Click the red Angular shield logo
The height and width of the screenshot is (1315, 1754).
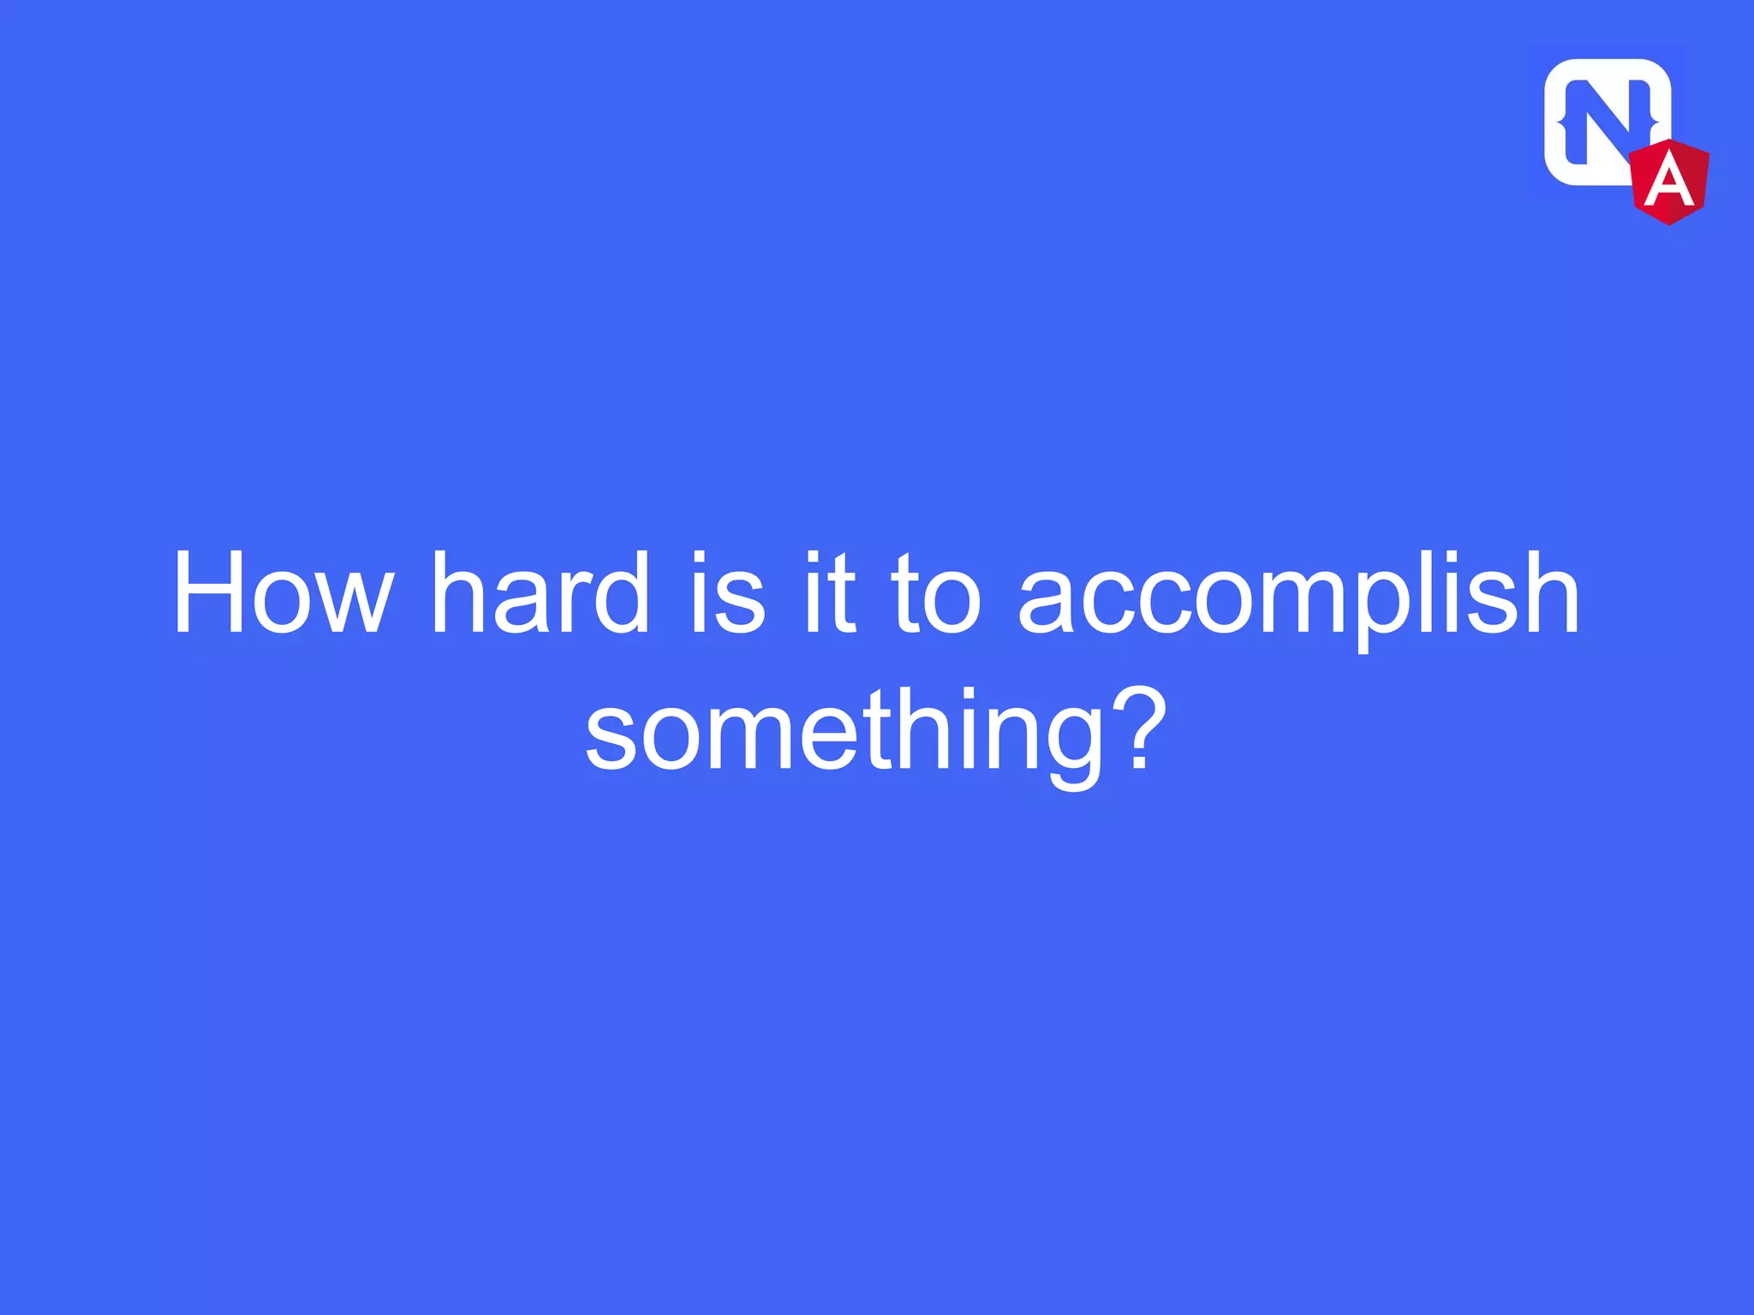click(x=1669, y=181)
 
